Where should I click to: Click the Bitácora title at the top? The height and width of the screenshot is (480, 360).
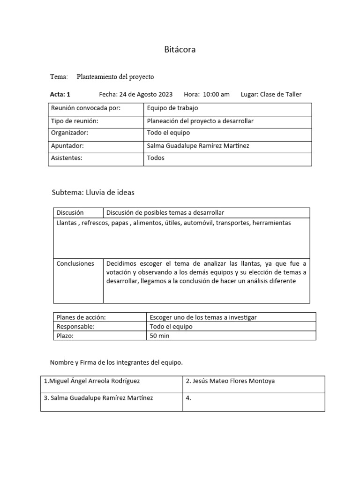180,50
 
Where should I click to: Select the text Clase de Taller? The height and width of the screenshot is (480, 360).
281,94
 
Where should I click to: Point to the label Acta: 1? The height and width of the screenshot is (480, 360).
60,94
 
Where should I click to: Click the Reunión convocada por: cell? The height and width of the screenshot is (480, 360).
86,108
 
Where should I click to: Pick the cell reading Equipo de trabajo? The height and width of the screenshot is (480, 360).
172,108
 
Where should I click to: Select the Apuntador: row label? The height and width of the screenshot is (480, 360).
67,146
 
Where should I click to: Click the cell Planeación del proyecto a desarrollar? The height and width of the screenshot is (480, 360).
200,121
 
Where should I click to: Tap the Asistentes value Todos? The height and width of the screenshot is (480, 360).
156,158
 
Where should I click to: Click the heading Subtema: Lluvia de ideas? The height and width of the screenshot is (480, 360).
93,192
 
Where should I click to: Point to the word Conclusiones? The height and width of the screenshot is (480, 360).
75,263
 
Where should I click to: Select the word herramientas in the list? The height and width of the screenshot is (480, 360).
271,223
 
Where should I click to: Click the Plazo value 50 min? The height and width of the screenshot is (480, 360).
159,336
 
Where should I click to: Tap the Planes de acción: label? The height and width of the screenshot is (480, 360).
81,317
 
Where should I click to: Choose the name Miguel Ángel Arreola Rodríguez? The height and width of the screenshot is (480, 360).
92,381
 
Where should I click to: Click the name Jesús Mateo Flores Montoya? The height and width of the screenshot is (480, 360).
230,381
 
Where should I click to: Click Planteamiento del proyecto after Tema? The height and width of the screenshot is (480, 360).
115,76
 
